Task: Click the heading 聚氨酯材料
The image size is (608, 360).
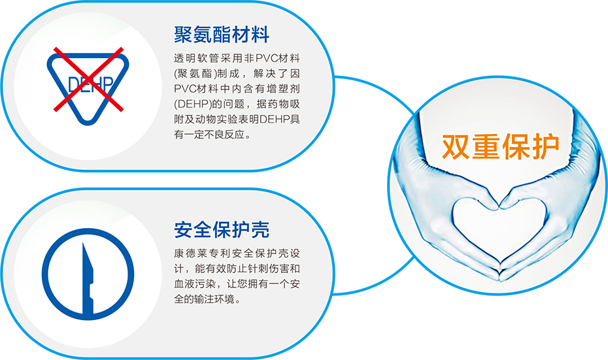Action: coord(222,35)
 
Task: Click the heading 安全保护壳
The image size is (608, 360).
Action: coord(222,230)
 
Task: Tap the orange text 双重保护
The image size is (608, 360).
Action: coord(501,146)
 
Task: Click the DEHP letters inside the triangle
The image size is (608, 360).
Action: coord(90,84)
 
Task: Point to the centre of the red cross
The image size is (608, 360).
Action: coord(88,80)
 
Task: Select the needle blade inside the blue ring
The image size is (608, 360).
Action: coord(88,278)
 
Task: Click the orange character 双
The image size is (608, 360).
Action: coord(456,146)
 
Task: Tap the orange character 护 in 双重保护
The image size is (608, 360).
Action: coord(546,146)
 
